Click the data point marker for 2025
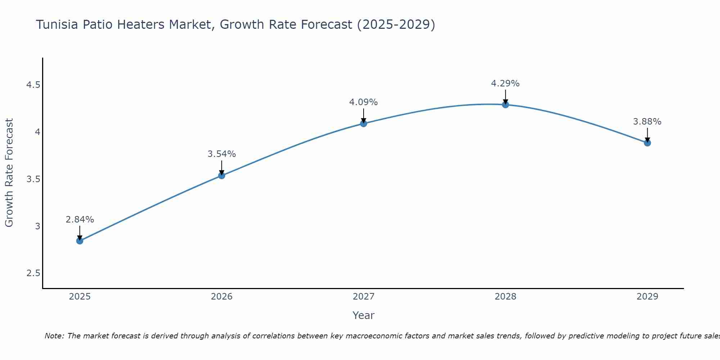point(80,241)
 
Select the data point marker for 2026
point(222,175)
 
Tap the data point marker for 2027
point(364,123)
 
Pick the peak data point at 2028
point(505,105)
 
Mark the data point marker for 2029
point(647,143)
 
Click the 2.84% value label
point(80,220)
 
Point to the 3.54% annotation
point(222,154)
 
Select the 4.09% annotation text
point(364,102)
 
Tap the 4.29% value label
point(505,84)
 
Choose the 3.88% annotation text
point(647,122)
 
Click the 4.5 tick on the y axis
point(33,85)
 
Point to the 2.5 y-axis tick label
point(33,273)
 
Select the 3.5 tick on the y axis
point(33,179)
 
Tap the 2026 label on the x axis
point(222,297)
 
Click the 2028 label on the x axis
point(505,297)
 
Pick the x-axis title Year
point(364,315)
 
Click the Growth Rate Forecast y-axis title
point(9,173)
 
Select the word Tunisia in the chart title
point(57,24)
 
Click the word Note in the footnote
point(54,336)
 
